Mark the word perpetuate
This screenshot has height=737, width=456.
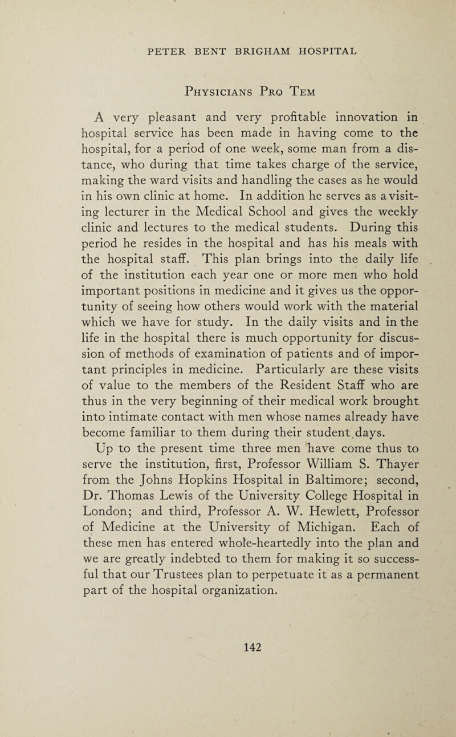271,600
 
